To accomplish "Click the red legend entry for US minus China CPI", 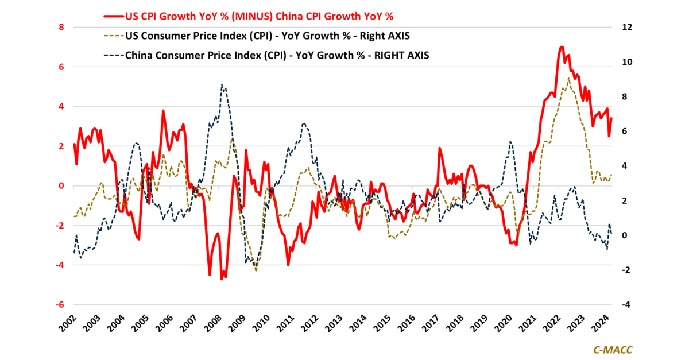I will [x=258, y=16].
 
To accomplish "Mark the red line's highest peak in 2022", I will [x=561, y=47].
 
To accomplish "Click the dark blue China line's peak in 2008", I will [x=222, y=84].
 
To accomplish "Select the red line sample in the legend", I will [x=113, y=16].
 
